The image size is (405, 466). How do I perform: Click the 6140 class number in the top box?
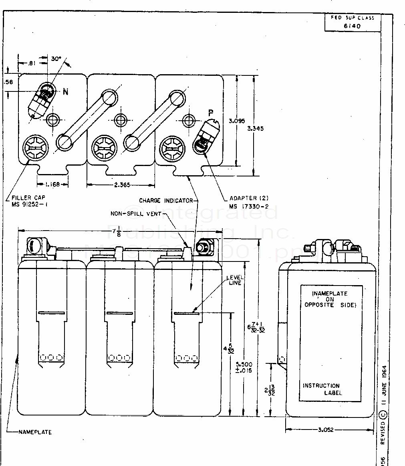[352, 26]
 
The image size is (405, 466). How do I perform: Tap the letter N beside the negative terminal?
[65, 92]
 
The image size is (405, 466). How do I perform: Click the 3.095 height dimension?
[236, 120]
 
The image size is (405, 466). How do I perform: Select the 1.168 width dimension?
[52, 185]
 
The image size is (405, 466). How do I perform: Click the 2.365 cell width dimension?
[121, 185]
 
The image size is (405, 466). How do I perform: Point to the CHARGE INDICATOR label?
[166, 200]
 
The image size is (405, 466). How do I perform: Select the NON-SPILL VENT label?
[136, 214]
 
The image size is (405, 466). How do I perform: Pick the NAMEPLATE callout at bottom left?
[35, 432]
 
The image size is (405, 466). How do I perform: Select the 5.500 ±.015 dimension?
[244, 367]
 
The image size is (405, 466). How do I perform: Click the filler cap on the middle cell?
[103, 148]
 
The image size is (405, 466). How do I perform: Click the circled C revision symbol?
[383, 414]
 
